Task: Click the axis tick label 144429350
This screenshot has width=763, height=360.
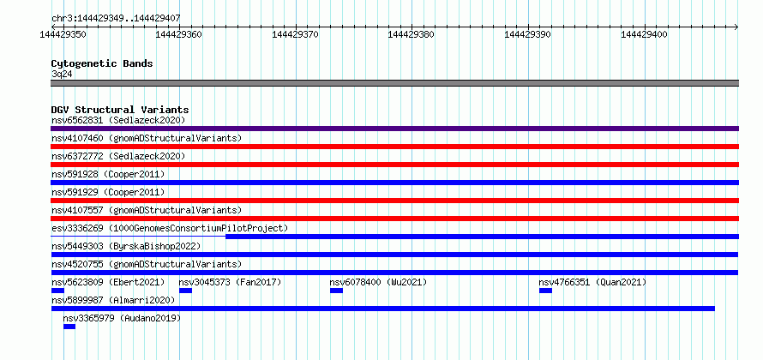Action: pyautogui.click(x=63, y=34)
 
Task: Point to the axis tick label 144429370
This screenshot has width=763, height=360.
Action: pyautogui.click(x=296, y=34)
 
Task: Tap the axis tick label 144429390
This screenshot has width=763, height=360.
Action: pyautogui.click(x=528, y=34)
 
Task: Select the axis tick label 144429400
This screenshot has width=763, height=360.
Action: pyautogui.click(x=645, y=34)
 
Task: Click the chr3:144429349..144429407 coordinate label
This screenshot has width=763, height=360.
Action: pyautogui.click(x=116, y=19)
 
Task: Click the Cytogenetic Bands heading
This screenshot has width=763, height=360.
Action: pyautogui.click(x=102, y=63)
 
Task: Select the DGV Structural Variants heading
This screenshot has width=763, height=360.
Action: pyautogui.click(x=120, y=110)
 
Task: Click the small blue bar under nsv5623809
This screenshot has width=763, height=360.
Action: pyautogui.click(x=58, y=291)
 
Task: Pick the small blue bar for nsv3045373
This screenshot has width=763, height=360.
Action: pyautogui.click(x=185, y=291)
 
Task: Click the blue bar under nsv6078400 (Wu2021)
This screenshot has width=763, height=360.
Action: pyautogui.click(x=336, y=291)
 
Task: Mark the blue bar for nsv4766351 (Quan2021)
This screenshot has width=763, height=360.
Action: pyautogui.click(x=545, y=291)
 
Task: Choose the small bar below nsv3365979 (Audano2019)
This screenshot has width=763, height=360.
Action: pyautogui.click(x=69, y=327)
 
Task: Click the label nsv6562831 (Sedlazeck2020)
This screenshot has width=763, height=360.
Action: pyautogui.click(x=118, y=120)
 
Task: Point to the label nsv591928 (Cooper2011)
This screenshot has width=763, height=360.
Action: pyautogui.click(x=108, y=174)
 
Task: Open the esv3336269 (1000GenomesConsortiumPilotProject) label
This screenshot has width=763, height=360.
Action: pyautogui.click(x=170, y=228)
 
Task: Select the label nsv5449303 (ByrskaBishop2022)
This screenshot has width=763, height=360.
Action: pyautogui.click(x=126, y=246)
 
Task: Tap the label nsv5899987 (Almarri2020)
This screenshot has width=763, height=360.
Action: pyautogui.click(x=113, y=300)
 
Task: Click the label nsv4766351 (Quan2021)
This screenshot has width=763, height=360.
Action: pyautogui.click(x=592, y=282)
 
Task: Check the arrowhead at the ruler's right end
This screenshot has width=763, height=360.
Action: pyautogui.click(x=736, y=27)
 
